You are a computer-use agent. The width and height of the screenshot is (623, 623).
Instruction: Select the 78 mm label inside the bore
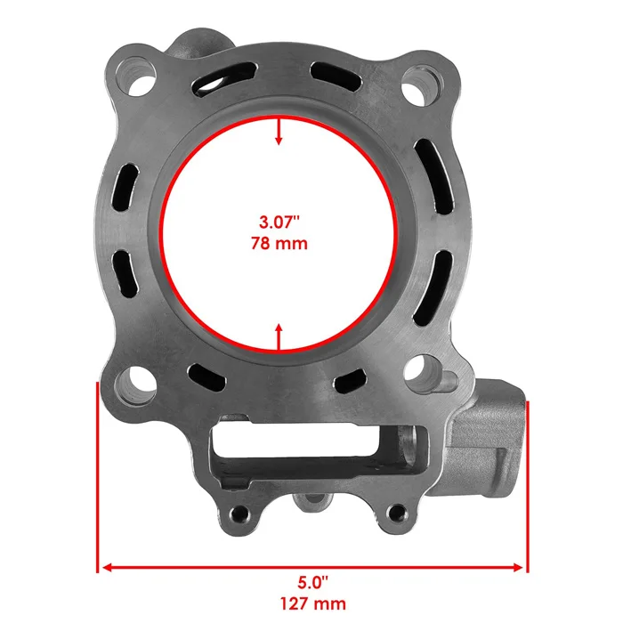tap(279, 243)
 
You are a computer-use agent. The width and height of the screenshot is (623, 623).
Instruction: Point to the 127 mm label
tap(312, 604)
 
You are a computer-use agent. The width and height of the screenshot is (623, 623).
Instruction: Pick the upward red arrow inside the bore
tap(279, 338)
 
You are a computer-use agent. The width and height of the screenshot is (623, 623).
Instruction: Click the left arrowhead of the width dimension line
tap(105, 566)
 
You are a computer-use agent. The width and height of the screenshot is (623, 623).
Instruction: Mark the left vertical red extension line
tap(96, 476)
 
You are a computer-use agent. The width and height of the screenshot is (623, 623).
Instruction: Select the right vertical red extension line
tap(528, 485)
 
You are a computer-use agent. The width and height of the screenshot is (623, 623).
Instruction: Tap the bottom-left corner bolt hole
tap(134, 384)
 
